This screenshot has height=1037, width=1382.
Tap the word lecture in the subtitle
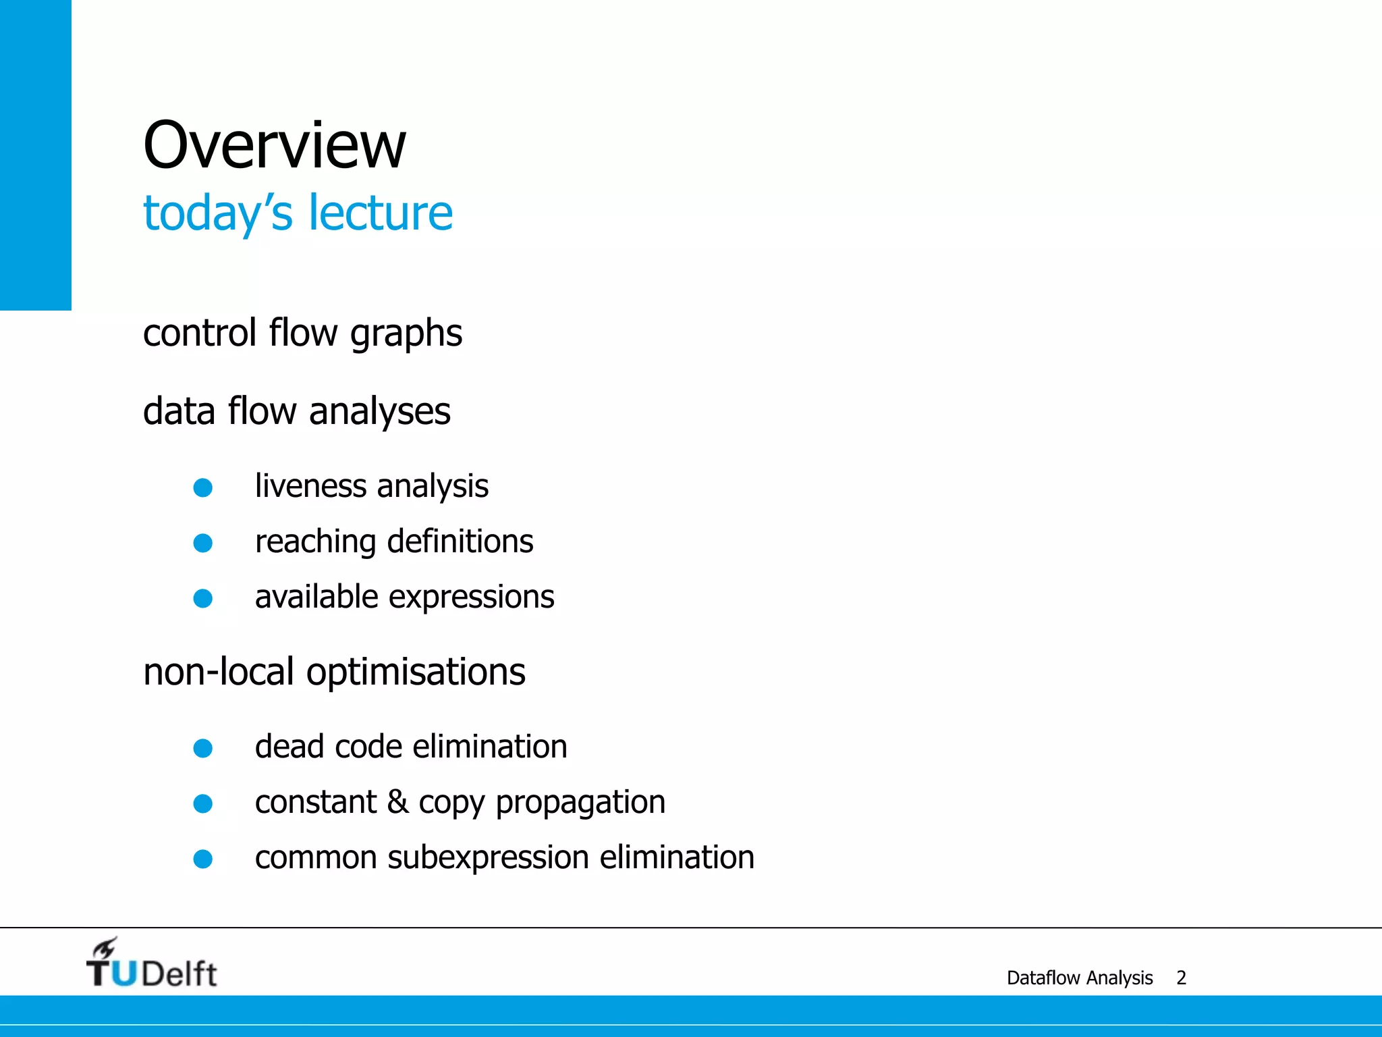pyautogui.click(x=381, y=213)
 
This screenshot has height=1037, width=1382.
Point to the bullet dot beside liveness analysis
pyautogui.click(x=203, y=487)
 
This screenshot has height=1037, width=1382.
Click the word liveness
pyautogui.click(x=310, y=486)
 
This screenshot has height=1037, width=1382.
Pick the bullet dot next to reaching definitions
pyautogui.click(x=203, y=543)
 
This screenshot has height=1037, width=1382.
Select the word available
pyautogui.click(x=316, y=597)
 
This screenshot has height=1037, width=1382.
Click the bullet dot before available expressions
pyautogui.click(x=203, y=598)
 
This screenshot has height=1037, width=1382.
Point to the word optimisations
pyautogui.click(x=416, y=672)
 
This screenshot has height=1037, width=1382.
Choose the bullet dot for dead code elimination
pyautogui.click(x=203, y=748)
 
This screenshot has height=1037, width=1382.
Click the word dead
pyautogui.click(x=289, y=747)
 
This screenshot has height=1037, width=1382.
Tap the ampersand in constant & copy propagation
pyautogui.click(x=397, y=802)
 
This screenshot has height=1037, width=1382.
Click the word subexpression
pyautogui.click(x=489, y=858)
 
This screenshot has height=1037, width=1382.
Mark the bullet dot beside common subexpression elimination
pyautogui.click(x=203, y=859)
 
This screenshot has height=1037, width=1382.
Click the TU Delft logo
pyautogui.click(x=151, y=964)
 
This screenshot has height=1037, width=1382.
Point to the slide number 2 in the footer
pyautogui.click(x=1181, y=978)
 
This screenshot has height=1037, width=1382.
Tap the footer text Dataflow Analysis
pyautogui.click(x=1080, y=978)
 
